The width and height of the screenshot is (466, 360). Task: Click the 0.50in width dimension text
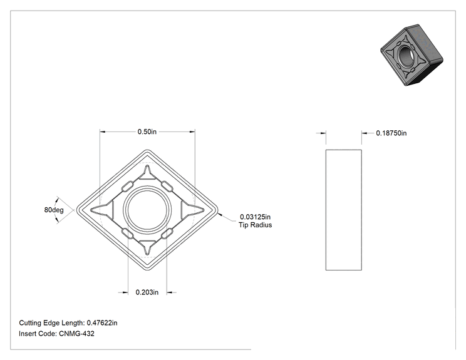point(147,131)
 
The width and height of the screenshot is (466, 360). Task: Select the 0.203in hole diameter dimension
point(147,292)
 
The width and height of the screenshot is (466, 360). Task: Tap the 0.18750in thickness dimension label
point(391,133)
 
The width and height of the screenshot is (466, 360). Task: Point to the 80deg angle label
point(54,210)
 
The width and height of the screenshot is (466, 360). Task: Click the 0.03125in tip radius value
point(255,217)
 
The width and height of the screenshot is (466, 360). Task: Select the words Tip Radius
point(255,225)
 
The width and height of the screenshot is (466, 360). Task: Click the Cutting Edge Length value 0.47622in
point(102,323)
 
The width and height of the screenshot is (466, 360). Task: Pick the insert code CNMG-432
point(76,334)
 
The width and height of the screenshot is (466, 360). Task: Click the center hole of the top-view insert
point(147,210)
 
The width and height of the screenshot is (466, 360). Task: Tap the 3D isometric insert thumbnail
point(412,55)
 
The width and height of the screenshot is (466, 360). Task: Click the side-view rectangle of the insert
point(344,210)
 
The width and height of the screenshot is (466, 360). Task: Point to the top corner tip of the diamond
point(147,150)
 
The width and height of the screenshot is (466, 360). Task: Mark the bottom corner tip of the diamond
point(147,270)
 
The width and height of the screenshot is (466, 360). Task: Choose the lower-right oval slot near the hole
point(167,234)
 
